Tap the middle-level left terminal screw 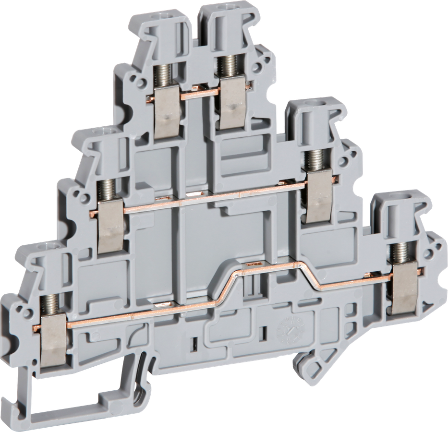pyautogui.click(x=106, y=189)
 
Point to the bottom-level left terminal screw pyautogui.click(x=49, y=302)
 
